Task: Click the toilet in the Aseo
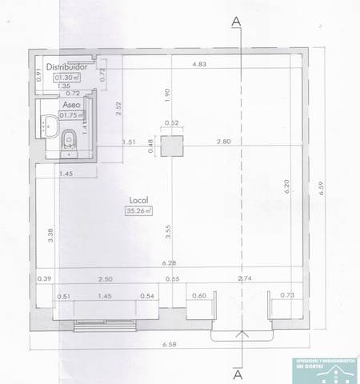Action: tap(70, 140)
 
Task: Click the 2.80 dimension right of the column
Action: tap(223, 141)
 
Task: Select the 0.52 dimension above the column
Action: tap(170, 122)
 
